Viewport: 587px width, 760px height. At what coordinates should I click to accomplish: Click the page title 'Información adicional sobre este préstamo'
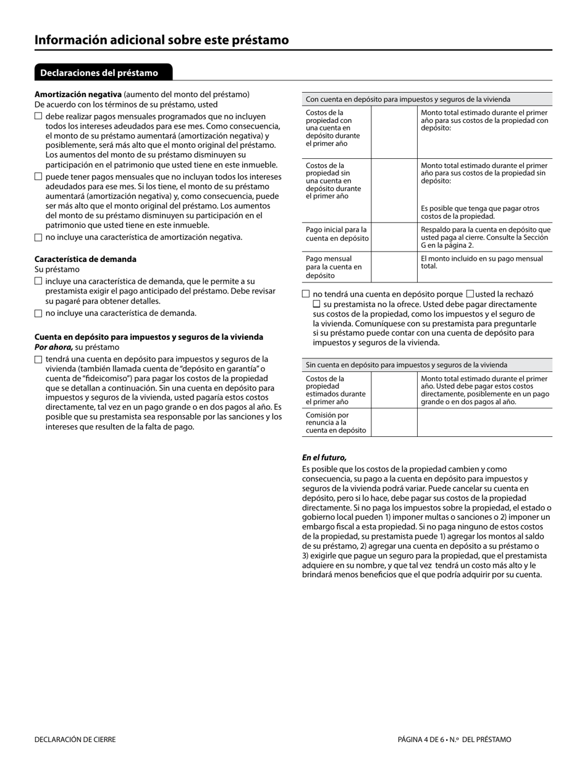[x=161, y=40]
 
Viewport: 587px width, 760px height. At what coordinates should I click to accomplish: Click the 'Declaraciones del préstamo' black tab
[x=99, y=73]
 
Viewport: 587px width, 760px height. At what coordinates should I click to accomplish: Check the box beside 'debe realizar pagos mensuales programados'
[x=38, y=116]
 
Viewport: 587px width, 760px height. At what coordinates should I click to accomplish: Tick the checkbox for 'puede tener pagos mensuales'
[x=38, y=177]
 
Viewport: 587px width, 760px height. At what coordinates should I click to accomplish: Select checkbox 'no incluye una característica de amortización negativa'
[x=38, y=237]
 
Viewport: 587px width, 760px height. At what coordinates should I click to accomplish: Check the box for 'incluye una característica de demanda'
[x=38, y=281]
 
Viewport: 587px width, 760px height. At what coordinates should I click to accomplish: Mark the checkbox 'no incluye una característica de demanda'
[x=38, y=313]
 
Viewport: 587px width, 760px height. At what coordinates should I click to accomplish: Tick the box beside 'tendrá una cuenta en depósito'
[x=38, y=359]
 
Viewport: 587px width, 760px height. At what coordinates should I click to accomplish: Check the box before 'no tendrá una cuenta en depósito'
[x=306, y=294]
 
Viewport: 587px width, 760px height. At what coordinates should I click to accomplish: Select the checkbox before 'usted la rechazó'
[x=470, y=294]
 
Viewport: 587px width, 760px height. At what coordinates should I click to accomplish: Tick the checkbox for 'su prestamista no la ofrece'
[x=316, y=305]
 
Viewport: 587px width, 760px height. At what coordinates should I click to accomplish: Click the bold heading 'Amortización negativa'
[x=78, y=95]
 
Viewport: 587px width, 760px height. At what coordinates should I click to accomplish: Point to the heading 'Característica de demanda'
[x=85, y=259]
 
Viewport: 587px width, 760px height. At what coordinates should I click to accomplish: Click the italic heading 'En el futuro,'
[x=324, y=458]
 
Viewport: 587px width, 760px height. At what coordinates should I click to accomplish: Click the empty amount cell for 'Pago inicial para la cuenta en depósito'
[x=394, y=237]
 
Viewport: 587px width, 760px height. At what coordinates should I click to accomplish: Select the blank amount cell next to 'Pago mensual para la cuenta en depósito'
[x=394, y=267]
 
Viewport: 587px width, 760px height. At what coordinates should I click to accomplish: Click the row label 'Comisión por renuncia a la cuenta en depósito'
[x=336, y=423]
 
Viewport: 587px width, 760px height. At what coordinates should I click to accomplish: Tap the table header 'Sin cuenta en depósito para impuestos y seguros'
[x=407, y=365]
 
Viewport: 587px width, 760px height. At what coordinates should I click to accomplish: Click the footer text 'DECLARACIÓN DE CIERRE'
[x=75, y=740]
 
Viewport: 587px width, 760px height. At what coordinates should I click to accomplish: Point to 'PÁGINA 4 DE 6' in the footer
[x=425, y=740]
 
